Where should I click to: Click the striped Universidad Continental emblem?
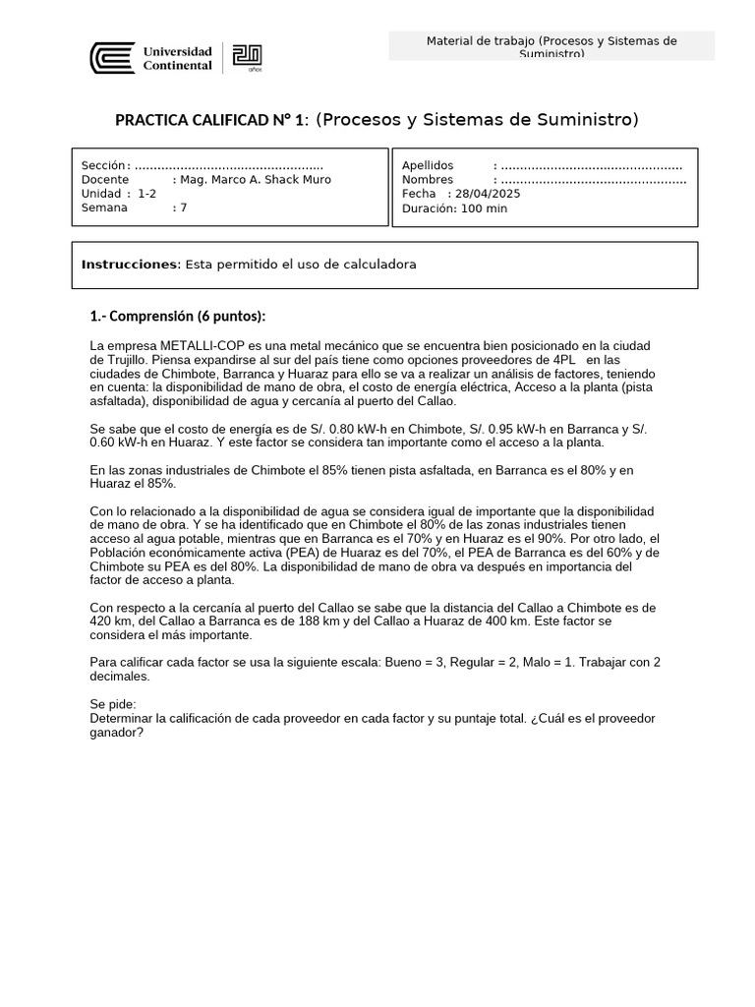[112, 58]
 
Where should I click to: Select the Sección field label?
[104, 165]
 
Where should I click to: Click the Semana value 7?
[183, 207]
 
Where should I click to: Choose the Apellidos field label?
[428, 165]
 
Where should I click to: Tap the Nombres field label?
[428, 180]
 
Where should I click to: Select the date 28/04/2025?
[489, 194]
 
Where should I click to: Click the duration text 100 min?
[484, 208]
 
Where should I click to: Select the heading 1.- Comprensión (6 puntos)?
[178, 317]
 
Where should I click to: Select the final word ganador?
[116, 732]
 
